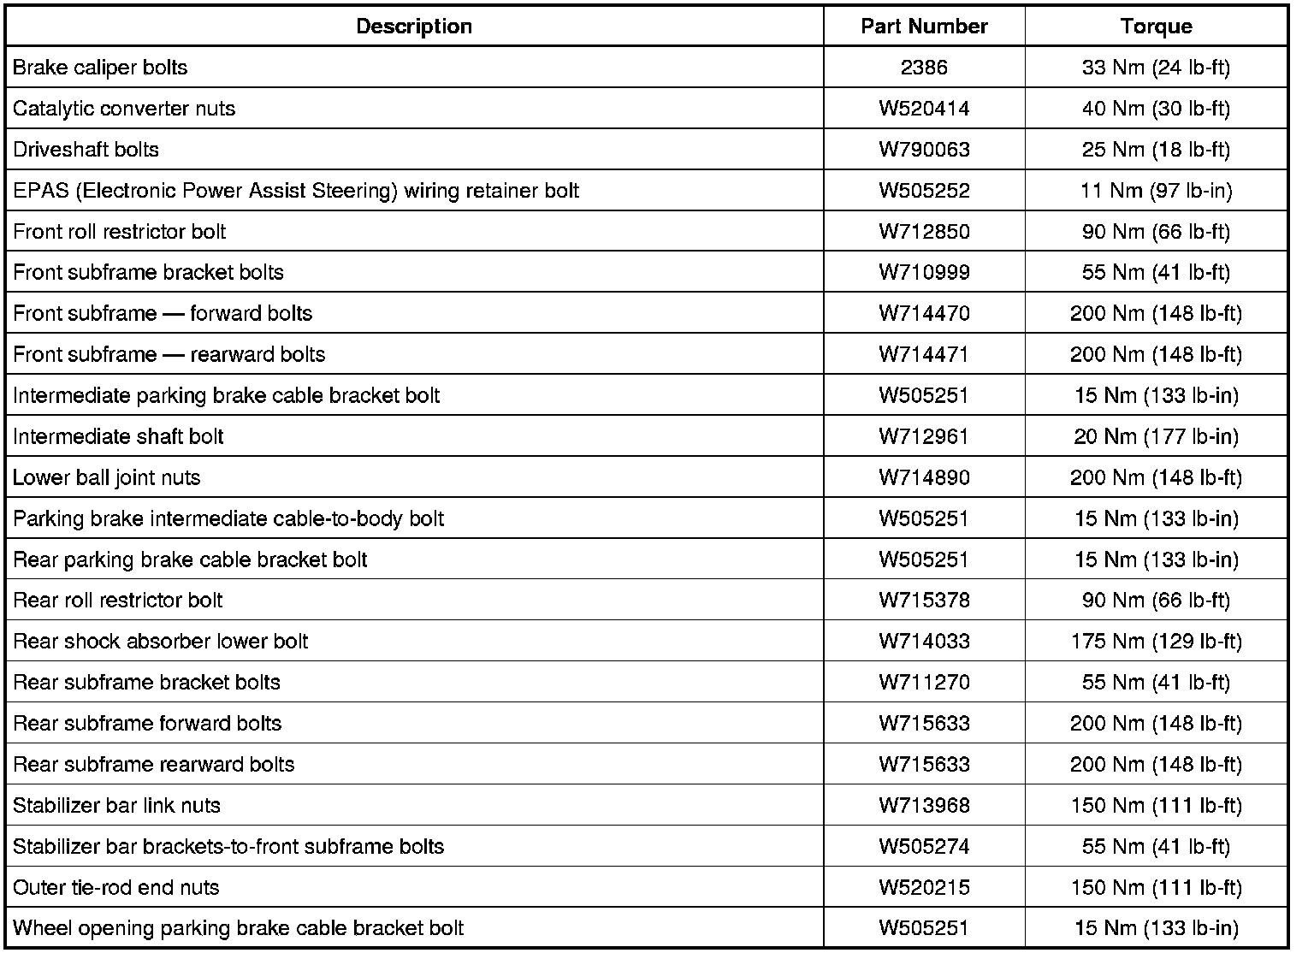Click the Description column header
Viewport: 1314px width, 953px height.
(x=413, y=27)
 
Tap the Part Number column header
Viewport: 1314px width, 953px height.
(x=924, y=27)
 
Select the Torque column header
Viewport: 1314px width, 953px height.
(x=1156, y=27)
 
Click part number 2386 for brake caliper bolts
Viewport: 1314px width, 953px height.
(x=924, y=68)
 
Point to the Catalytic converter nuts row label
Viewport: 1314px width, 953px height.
(x=124, y=109)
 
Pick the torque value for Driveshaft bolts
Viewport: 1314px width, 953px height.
(x=1156, y=150)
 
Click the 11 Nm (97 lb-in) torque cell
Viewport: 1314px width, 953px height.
(x=1156, y=191)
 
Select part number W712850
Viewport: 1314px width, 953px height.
(x=924, y=232)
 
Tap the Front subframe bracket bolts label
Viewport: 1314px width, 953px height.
(x=148, y=273)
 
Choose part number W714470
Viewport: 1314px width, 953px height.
(x=924, y=314)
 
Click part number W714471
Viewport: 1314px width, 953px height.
(x=924, y=355)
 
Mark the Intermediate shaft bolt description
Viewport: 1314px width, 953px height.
(x=118, y=437)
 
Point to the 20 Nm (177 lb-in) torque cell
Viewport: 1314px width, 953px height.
(x=1156, y=437)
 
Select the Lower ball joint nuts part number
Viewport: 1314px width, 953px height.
(x=924, y=478)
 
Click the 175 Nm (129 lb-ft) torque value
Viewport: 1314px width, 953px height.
(x=1156, y=642)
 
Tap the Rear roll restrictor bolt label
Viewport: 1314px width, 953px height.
(x=118, y=601)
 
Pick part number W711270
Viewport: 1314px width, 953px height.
(x=924, y=683)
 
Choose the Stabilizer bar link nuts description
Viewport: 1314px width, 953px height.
(x=116, y=806)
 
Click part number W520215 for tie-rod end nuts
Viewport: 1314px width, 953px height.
(x=924, y=888)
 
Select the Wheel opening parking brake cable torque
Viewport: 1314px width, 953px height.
(x=1156, y=929)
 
